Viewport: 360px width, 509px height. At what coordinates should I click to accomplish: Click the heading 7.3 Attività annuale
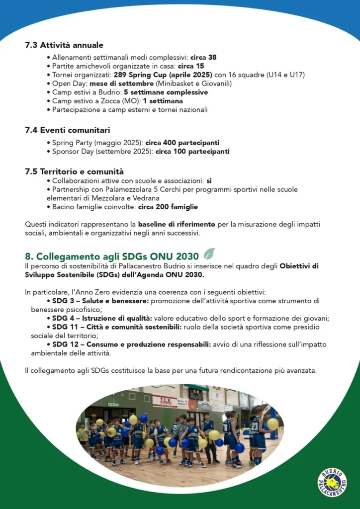click(x=64, y=45)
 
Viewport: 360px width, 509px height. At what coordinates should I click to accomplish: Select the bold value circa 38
click(x=203, y=57)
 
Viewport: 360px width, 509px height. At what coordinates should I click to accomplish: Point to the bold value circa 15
click(x=191, y=66)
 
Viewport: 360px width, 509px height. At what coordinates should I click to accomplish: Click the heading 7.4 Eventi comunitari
click(x=67, y=131)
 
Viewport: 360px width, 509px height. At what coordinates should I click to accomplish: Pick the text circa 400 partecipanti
click(x=182, y=143)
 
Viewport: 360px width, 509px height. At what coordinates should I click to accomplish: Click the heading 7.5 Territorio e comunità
click(x=74, y=172)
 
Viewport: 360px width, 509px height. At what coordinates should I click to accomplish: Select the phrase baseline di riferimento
click(x=177, y=224)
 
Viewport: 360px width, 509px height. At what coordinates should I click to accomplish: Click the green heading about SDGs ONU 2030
click(x=112, y=256)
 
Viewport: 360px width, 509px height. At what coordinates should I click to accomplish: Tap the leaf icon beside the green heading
click(x=209, y=254)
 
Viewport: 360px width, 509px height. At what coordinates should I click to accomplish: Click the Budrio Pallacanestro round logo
click(x=332, y=482)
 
